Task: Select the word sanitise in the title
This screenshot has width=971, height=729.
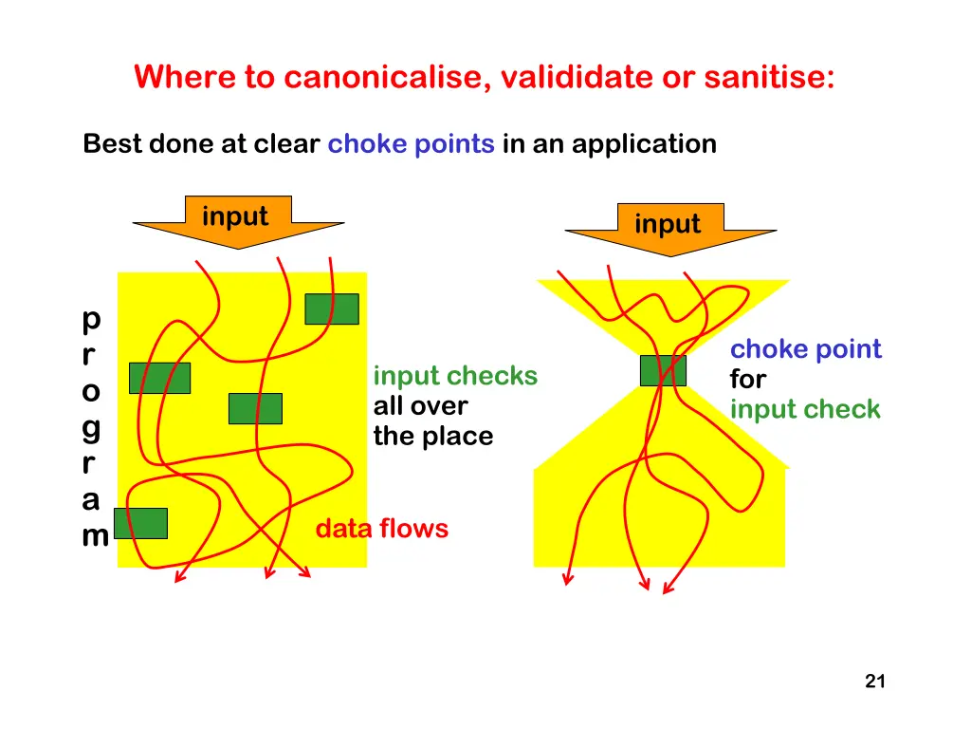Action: (x=769, y=76)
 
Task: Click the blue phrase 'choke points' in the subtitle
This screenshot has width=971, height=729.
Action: (x=411, y=144)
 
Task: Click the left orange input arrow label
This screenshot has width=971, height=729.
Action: (x=235, y=216)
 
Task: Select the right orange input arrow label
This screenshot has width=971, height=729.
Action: (x=668, y=224)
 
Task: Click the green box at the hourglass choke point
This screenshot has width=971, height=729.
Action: (x=663, y=370)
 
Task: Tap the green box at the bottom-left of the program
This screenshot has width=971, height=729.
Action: (x=140, y=523)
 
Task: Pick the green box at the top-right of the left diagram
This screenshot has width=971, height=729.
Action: (x=332, y=308)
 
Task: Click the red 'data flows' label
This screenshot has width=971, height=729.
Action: (x=381, y=528)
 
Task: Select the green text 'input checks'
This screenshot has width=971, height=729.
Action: (x=455, y=376)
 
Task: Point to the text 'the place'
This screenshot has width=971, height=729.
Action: (x=433, y=437)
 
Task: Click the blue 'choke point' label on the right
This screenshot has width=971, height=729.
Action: (x=805, y=349)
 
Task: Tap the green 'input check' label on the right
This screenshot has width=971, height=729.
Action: (x=805, y=410)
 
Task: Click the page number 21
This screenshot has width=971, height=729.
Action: (x=875, y=681)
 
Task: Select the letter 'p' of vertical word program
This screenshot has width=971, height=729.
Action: (x=91, y=320)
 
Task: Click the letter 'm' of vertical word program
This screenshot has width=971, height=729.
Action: (x=94, y=536)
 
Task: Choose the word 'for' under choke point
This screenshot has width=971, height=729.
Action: (x=747, y=380)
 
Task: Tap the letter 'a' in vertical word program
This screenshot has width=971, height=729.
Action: (x=91, y=500)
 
